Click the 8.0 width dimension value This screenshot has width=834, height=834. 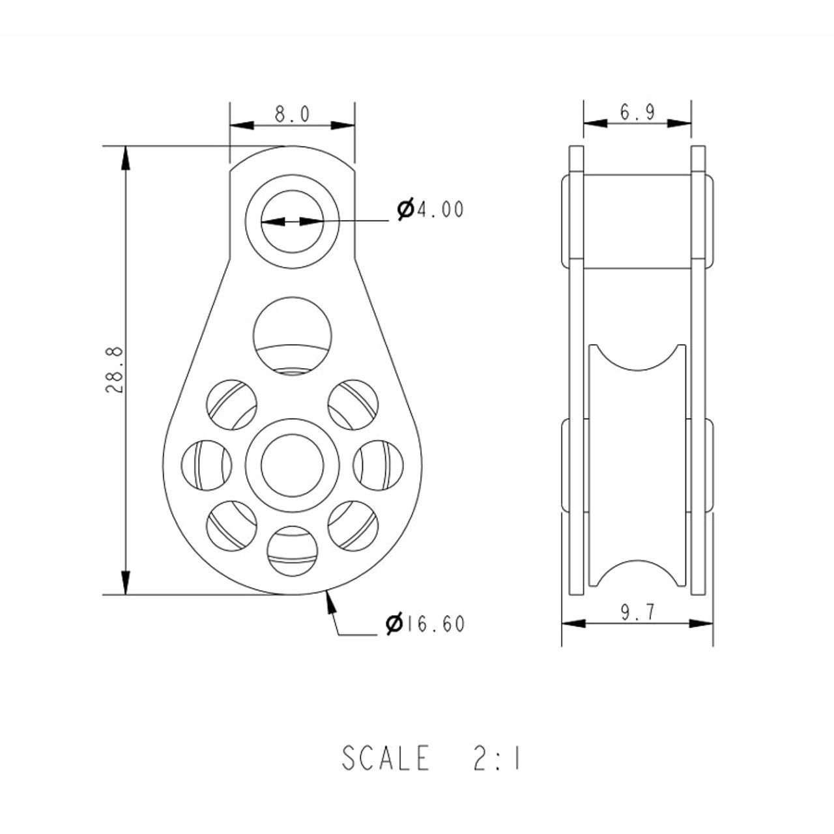293,114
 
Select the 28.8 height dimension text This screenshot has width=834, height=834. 115,369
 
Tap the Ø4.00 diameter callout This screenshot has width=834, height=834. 430,209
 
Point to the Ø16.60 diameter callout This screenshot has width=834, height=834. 425,624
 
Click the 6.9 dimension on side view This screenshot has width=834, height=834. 637,112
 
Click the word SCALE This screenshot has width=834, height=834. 386,758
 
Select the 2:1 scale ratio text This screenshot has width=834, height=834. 497,758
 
